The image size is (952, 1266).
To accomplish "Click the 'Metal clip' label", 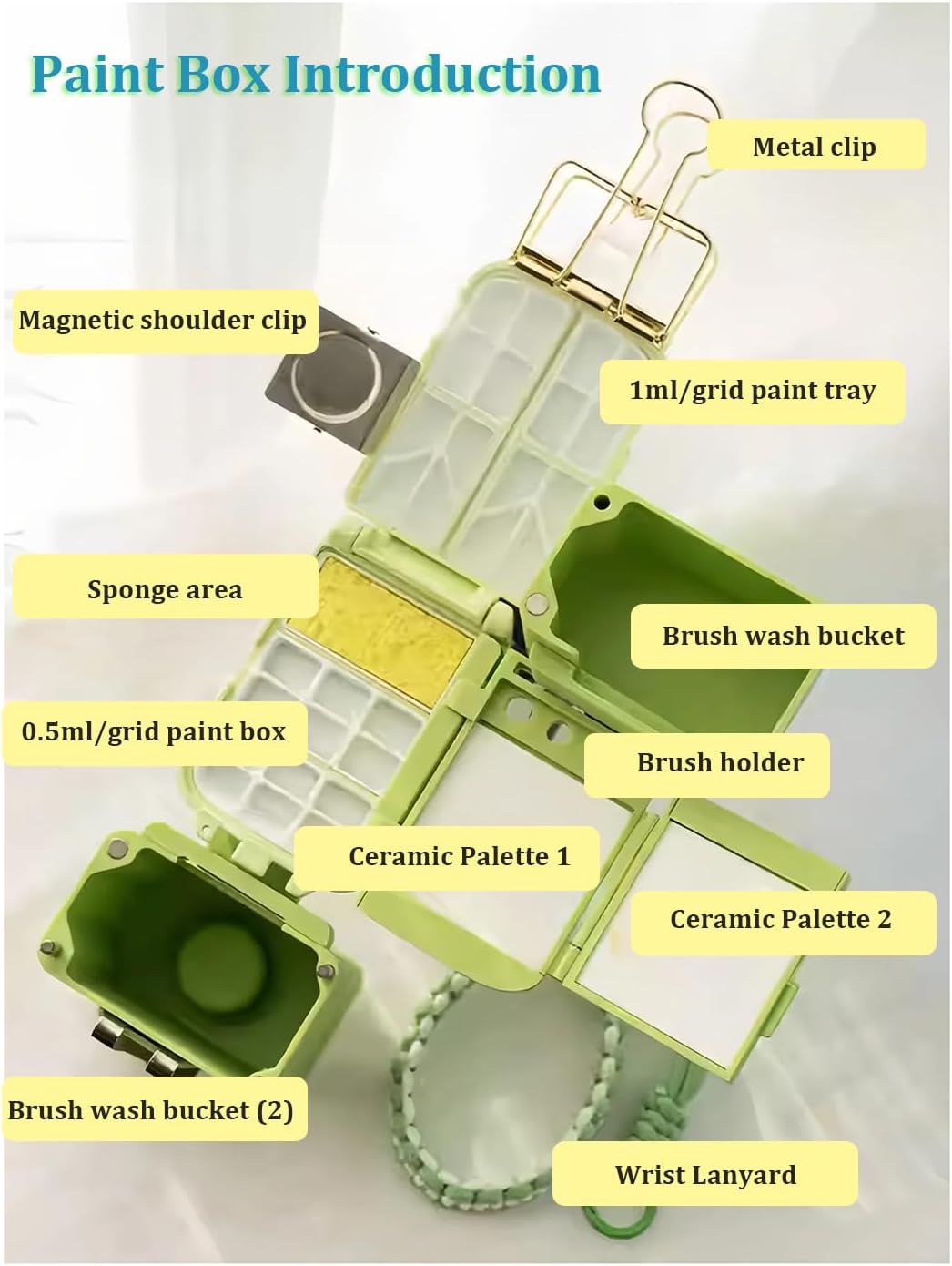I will coord(815,147).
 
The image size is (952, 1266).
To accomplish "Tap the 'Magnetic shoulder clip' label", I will coord(163,321).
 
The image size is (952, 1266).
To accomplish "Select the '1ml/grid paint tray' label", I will coord(752,391).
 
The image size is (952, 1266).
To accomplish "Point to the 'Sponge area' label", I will coord(165,590).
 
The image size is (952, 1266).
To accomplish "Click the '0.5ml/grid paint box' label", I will coord(153,731).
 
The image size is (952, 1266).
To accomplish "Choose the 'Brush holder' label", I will coord(720,762).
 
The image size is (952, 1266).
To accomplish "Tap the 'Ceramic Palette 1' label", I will coord(459,856).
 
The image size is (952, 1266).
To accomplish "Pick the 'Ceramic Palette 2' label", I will coord(781,919).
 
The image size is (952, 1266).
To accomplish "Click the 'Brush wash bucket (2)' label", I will coord(151,1110).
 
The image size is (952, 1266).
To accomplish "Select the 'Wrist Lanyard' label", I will coord(705,1175).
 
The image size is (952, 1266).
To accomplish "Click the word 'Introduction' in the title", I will coord(442,74).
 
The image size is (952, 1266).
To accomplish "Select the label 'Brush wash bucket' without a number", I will coord(783,636).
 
